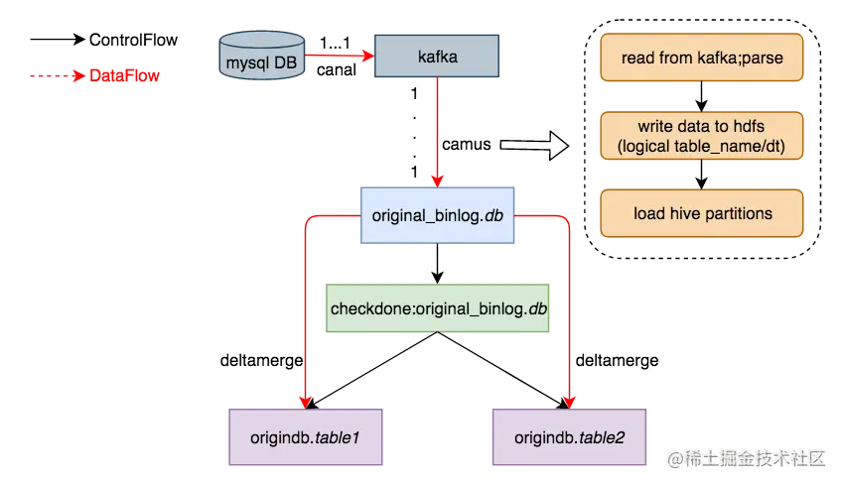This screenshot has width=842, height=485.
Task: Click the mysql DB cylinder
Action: pos(262,56)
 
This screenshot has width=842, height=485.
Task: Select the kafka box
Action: pos(437,56)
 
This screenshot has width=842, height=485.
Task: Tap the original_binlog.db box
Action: pos(437,215)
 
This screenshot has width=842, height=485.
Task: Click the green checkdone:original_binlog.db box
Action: pos(437,307)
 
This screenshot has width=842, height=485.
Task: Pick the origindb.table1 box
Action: pos(306,437)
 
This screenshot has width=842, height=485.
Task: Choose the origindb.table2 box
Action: pos(569,437)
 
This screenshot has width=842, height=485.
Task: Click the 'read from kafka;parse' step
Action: pos(702,58)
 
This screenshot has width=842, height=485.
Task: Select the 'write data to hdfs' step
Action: pos(702,136)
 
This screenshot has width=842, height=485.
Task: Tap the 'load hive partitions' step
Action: pos(702,213)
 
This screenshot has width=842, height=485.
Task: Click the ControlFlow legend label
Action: pos(133,40)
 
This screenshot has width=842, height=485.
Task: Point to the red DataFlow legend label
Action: pos(124,75)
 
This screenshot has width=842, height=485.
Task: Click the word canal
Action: pos(337,70)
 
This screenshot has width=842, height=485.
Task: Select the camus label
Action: pos(466,145)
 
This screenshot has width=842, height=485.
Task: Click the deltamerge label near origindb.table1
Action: pos(261,361)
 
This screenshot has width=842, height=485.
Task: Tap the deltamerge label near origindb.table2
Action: pos(617,361)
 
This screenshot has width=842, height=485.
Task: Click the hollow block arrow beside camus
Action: pos(534,145)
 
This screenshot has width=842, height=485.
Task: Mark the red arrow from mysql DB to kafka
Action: pos(340,56)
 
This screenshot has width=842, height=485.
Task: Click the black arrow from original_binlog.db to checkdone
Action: pos(437,264)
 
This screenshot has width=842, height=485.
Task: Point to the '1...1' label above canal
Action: pos(335,43)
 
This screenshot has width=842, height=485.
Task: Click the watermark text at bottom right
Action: pos(746,458)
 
